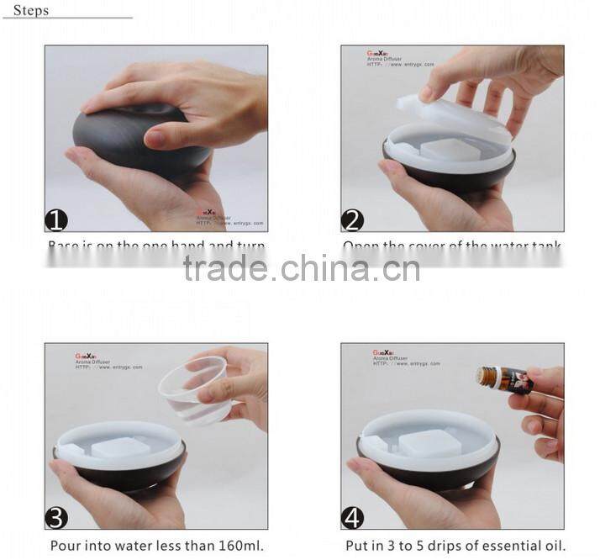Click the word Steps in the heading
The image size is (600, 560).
tap(30, 11)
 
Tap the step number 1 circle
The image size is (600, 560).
tap(56, 220)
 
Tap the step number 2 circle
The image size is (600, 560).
tap(352, 220)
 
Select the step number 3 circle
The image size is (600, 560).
tap(56, 517)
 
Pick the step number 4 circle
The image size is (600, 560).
tap(352, 517)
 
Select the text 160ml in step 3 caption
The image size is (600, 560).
tap(239, 546)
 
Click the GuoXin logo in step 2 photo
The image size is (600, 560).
tap(376, 53)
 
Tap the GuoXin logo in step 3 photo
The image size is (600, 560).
tap(85, 356)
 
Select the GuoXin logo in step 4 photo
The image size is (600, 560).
tap(382, 353)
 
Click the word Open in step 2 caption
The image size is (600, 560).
tap(359, 246)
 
